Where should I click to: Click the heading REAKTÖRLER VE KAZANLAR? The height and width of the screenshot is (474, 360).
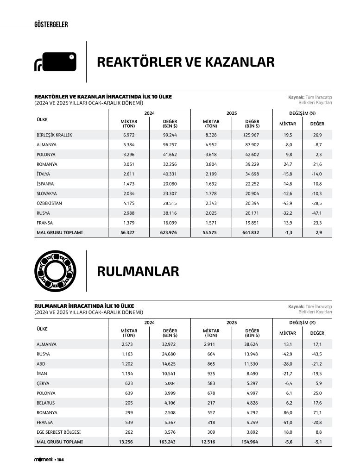click(185, 62)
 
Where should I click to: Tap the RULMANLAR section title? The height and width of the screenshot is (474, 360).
click(138, 271)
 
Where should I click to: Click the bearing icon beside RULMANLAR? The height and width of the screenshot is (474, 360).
click(55, 271)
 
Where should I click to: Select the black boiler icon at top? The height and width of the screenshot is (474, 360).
click(55, 62)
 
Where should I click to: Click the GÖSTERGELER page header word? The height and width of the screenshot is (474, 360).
click(51, 25)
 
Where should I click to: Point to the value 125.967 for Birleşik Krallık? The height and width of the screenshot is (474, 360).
click(252, 135)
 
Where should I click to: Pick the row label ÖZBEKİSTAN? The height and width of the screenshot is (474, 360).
click(49, 203)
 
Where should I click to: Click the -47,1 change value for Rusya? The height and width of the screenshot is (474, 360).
click(317, 213)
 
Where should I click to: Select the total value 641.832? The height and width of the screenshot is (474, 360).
click(252, 232)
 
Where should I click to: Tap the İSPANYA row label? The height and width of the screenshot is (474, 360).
click(46, 184)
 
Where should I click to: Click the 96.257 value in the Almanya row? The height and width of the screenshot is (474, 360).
click(169, 145)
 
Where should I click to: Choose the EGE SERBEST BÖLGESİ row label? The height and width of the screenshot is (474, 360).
click(58, 432)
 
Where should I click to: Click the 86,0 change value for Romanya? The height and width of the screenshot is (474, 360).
click(287, 412)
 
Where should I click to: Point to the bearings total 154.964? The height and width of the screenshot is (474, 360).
click(252, 442)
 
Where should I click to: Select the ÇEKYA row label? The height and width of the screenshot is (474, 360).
click(43, 383)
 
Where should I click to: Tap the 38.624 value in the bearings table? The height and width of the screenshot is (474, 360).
click(252, 344)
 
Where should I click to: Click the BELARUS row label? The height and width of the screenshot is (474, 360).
click(45, 403)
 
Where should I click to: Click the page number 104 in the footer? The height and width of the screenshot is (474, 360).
click(60, 460)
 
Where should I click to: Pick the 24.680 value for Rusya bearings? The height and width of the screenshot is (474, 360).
click(169, 354)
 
